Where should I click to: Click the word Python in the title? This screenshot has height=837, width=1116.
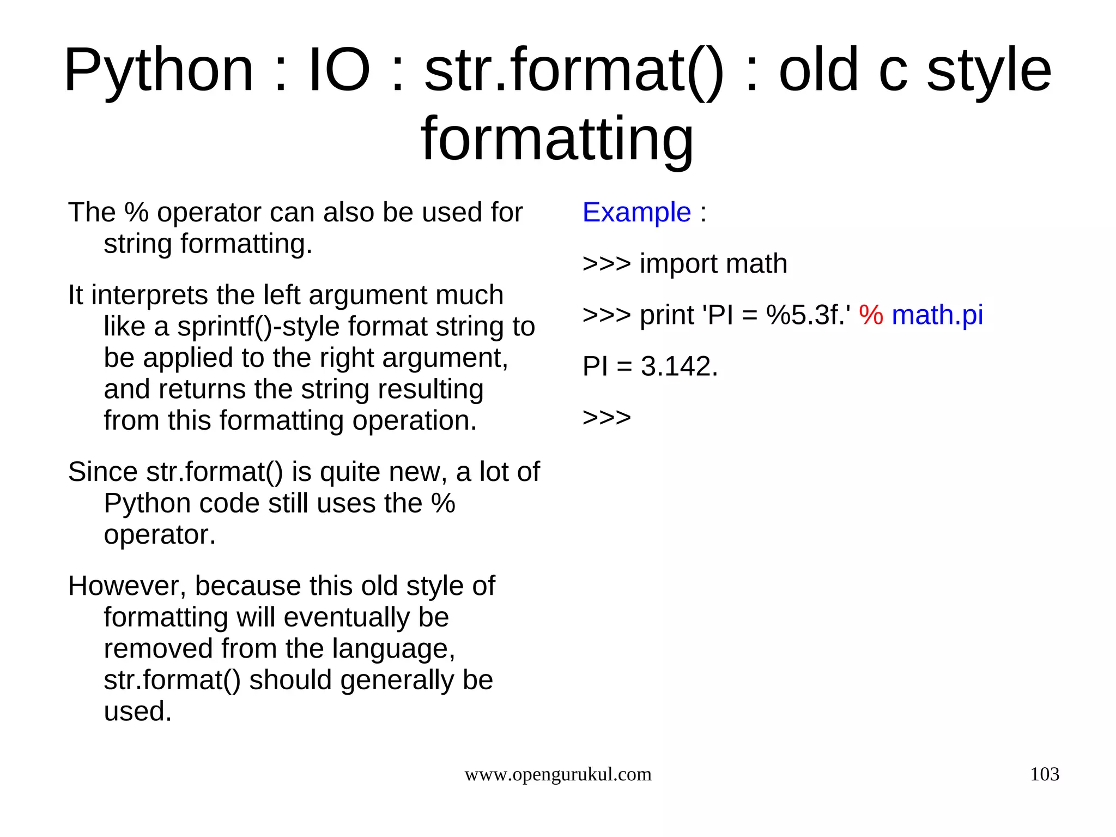(x=159, y=71)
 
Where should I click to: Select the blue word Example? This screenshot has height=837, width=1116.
(x=636, y=212)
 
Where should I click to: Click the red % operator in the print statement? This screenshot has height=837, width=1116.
(x=871, y=315)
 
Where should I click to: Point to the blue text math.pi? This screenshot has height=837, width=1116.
(x=937, y=315)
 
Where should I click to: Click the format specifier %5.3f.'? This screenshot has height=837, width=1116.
(x=808, y=315)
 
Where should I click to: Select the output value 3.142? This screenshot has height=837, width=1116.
(x=679, y=366)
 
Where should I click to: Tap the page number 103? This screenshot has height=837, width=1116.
(x=1044, y=774)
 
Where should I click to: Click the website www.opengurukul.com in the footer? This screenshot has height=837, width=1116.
(x=557, y=774)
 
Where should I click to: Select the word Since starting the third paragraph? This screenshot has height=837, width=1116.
(x=102, y=472)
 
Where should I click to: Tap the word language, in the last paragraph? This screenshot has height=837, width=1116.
(x=393, y=649)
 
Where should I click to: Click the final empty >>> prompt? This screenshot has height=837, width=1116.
(x=606, y=418)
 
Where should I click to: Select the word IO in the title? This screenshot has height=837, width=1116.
(x=339, y=71)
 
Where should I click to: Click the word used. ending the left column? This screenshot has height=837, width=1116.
(x=137, y=712)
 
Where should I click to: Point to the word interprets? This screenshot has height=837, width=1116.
(x=149, y=296)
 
